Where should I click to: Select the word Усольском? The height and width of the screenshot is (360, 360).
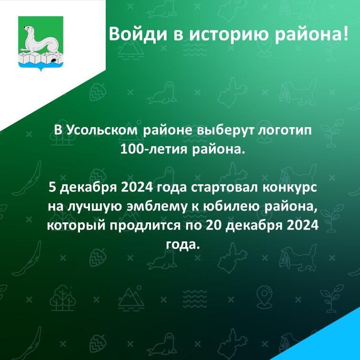(102, 131)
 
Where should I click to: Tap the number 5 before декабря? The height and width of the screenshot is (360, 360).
(53, 188)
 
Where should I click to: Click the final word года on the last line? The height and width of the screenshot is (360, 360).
(181, 245)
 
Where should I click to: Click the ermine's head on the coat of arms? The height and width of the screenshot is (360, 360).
(29, 29)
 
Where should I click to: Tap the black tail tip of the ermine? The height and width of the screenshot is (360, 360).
(53, 60)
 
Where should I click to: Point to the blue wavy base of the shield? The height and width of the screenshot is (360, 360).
(40, 66)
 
